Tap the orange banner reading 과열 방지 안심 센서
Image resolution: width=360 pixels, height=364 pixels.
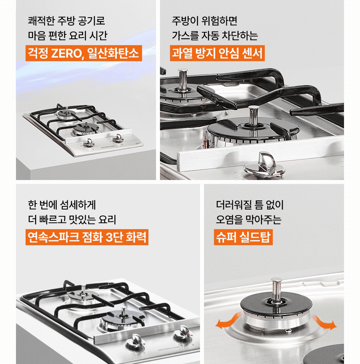coord(217,53)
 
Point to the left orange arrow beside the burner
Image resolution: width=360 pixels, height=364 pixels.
coord(225,323)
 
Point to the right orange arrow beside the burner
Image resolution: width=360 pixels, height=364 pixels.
coord(324,322)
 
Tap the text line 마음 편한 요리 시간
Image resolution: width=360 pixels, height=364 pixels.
coord(68,36)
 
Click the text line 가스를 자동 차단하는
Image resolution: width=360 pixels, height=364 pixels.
coord(214,36)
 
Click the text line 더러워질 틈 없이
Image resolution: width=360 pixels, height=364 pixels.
coord(250,204)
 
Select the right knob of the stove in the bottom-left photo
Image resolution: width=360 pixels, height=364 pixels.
coord(184,330)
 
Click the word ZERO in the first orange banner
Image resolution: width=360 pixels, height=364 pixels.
coord(66,53)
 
